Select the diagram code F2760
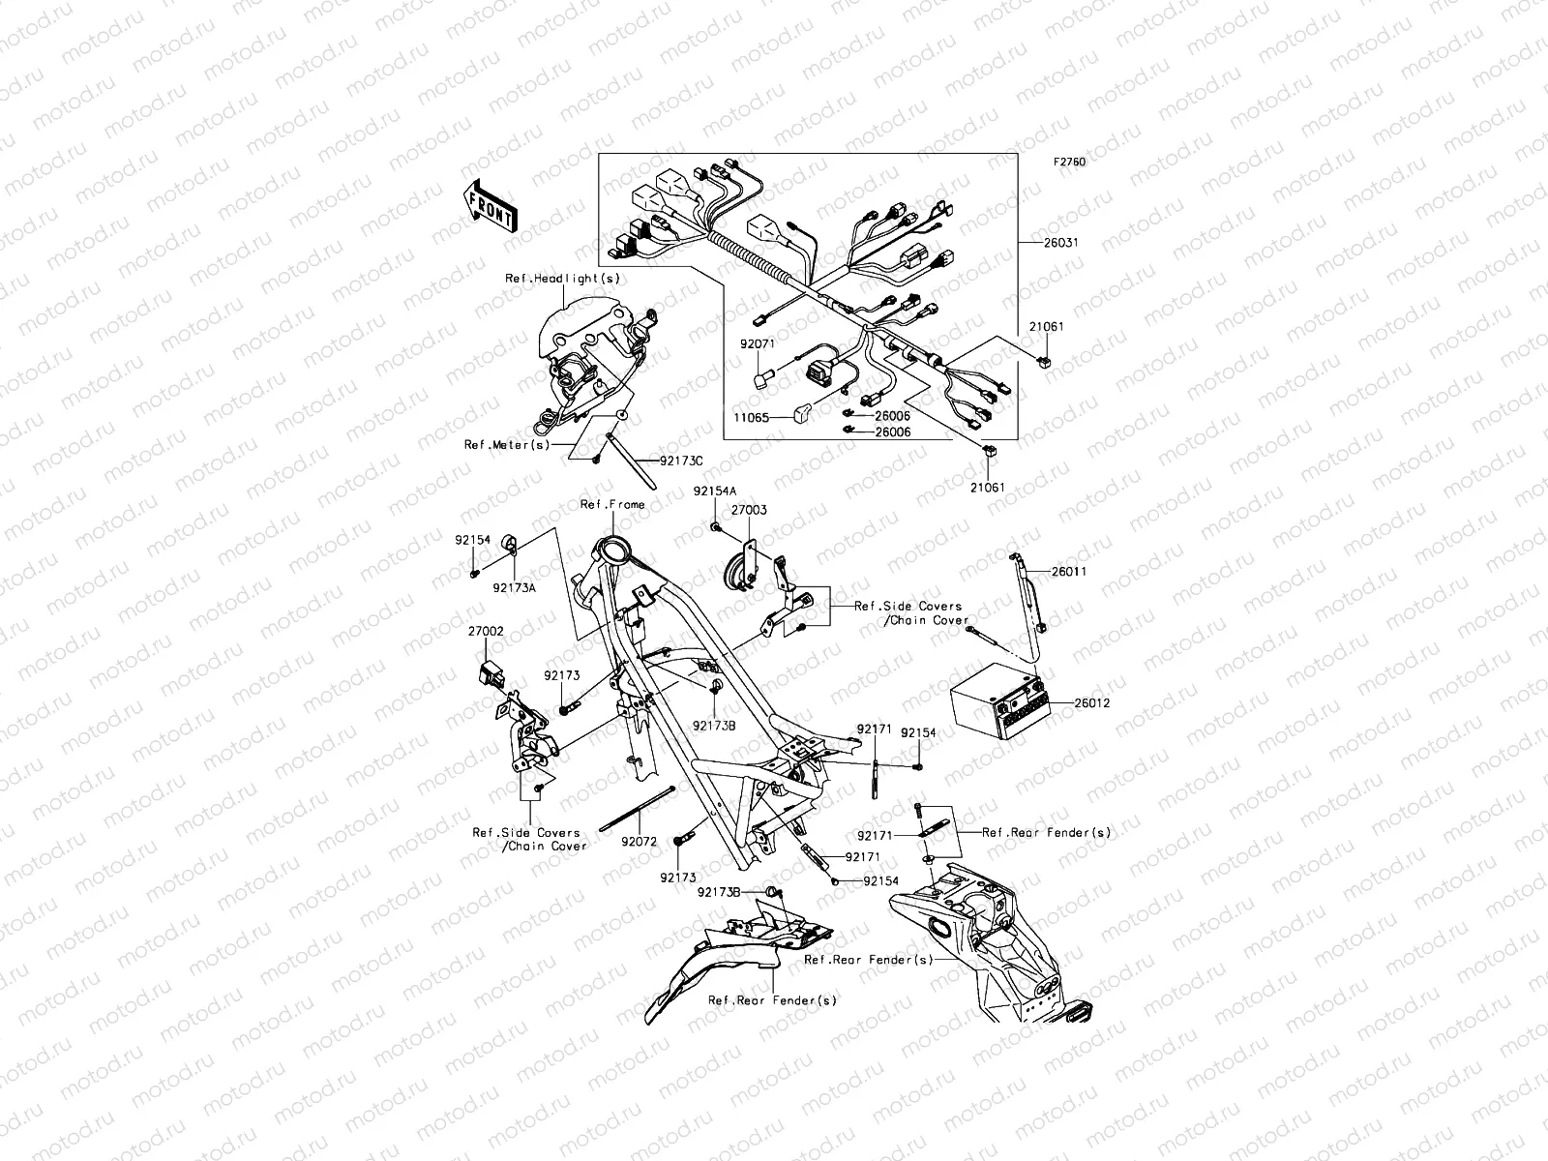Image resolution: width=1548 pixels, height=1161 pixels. coord(1069,163)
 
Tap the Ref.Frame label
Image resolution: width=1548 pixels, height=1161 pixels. coord(611,504)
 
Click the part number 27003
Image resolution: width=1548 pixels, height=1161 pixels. coord(749,509)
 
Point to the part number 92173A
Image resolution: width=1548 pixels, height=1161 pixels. coord(514,586)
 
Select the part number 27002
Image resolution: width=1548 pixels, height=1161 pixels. coord(487,630)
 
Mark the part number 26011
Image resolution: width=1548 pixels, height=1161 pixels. coord(1069,572)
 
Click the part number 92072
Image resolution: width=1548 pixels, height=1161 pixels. coord(640,842)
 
